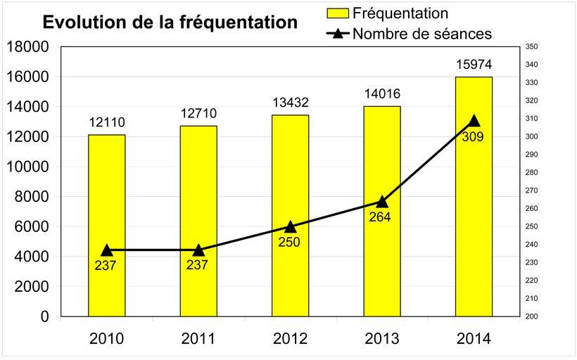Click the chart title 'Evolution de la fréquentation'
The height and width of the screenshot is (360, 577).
tap(170, 22)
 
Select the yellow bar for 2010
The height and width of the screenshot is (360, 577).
tap(107, 225)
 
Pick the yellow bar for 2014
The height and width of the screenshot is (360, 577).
tap(474, 196)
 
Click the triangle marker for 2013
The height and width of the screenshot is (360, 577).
tap(382, 202)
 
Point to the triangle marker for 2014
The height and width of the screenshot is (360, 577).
tap(474, 120)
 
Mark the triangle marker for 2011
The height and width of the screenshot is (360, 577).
tap(198, 250)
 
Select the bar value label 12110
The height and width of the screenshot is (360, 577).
tap(107, 123)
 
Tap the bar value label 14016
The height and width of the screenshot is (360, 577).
tap(382, 95)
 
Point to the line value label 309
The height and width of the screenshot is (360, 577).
tap(473, 136)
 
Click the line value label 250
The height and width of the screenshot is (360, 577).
tap(289, 242)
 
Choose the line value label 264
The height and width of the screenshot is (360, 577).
tap(379, 217)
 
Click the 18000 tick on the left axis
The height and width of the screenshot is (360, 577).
tap(27, 47)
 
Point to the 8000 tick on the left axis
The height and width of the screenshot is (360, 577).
tap(31, 197)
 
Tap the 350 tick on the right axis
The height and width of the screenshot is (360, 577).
tap(531, 47)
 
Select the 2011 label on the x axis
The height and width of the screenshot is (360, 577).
tap(198, 338)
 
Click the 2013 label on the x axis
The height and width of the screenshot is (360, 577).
tap(382, 338)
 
